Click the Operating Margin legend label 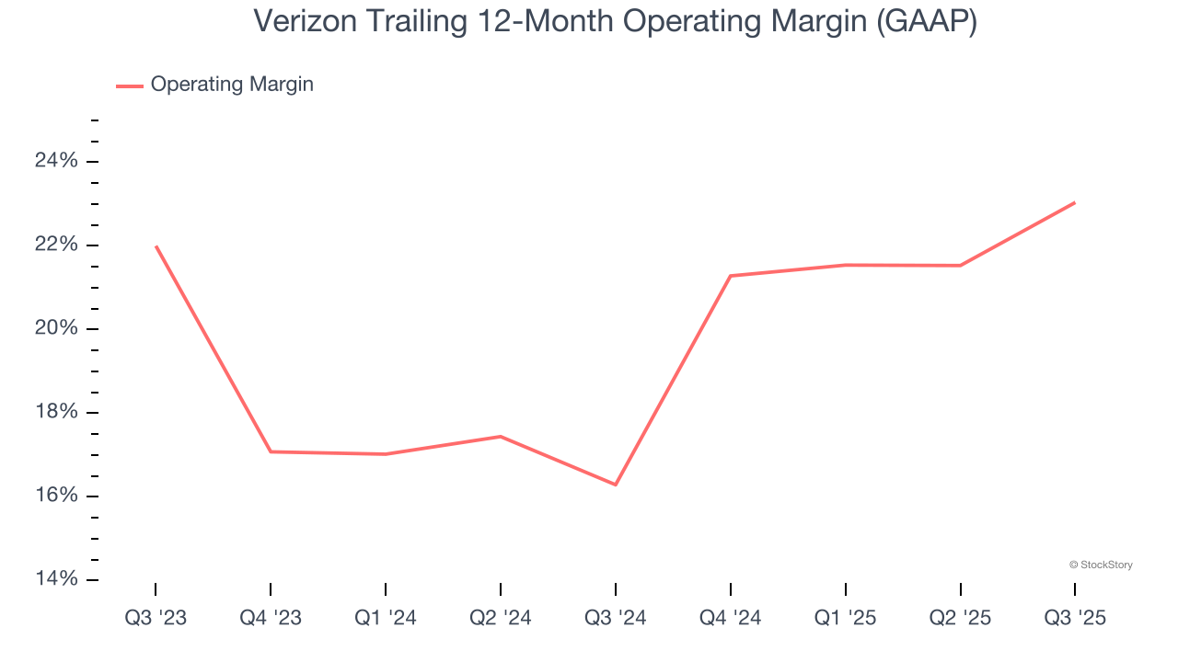[232, 85]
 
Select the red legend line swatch [130, 86]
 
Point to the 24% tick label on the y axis [56, 162]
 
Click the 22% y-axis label [56, 245]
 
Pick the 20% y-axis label [56, 329]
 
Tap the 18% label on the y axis [56, 413]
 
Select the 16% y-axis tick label [56, 496]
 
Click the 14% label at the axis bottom [56, 579]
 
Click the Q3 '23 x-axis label [156, 618]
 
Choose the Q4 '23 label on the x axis [271, 618]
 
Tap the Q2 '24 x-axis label [501, 618]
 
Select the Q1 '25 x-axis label [846, 618]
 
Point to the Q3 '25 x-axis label [1075, 618]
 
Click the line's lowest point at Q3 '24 [616, 485]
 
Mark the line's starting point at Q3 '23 [156, 246]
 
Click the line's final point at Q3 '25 [1075, 202]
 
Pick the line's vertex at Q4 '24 [731, 276]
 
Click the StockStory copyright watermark [1101, 565]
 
